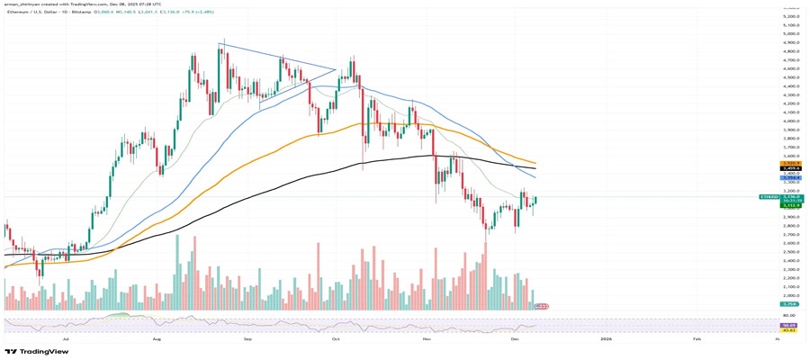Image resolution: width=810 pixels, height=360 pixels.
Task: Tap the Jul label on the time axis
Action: point(66,339)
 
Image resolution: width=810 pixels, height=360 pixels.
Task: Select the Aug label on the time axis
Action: point(157,339)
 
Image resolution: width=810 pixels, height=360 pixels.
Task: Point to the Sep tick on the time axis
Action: point(247,339)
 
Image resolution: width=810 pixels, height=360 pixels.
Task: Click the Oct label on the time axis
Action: point(335,339)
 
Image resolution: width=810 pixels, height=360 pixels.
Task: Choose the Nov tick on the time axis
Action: point(427,339)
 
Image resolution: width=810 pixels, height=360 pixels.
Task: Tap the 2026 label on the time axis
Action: point(606,339)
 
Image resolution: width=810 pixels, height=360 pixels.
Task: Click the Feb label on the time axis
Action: point(697,339)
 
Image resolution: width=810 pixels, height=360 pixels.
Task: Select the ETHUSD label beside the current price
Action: point(769,197)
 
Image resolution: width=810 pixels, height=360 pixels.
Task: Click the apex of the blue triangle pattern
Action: point(336,68)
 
